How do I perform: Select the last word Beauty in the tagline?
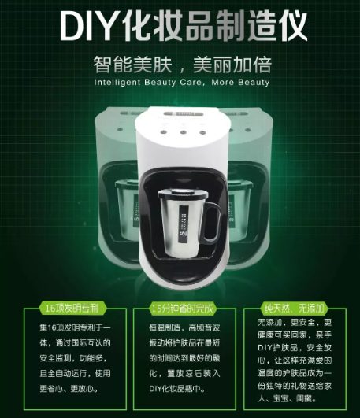pos(254,82)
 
